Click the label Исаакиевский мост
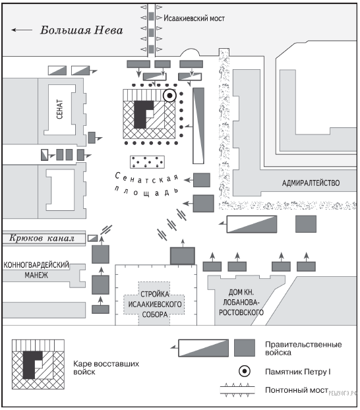point(194,18)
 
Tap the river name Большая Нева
point(81,30)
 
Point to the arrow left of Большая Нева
point(22,30)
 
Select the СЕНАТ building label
point(59,109)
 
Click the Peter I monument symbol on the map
point(169,96)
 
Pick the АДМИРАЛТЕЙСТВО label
point(311,183)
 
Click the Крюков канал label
point(42,238)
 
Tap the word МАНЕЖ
point(36,275)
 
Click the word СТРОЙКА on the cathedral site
point(155,294)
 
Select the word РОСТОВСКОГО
point(241,312)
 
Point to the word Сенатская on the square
point(147,178)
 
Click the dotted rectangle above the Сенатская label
point(147,162)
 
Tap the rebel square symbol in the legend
point(38,365)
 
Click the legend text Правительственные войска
point(303,348)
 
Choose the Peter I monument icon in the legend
point(245,371)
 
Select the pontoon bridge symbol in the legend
point(237,390)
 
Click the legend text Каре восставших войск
point(106,368)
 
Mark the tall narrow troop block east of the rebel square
point(198,126)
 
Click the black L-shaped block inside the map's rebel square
point(142,114)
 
